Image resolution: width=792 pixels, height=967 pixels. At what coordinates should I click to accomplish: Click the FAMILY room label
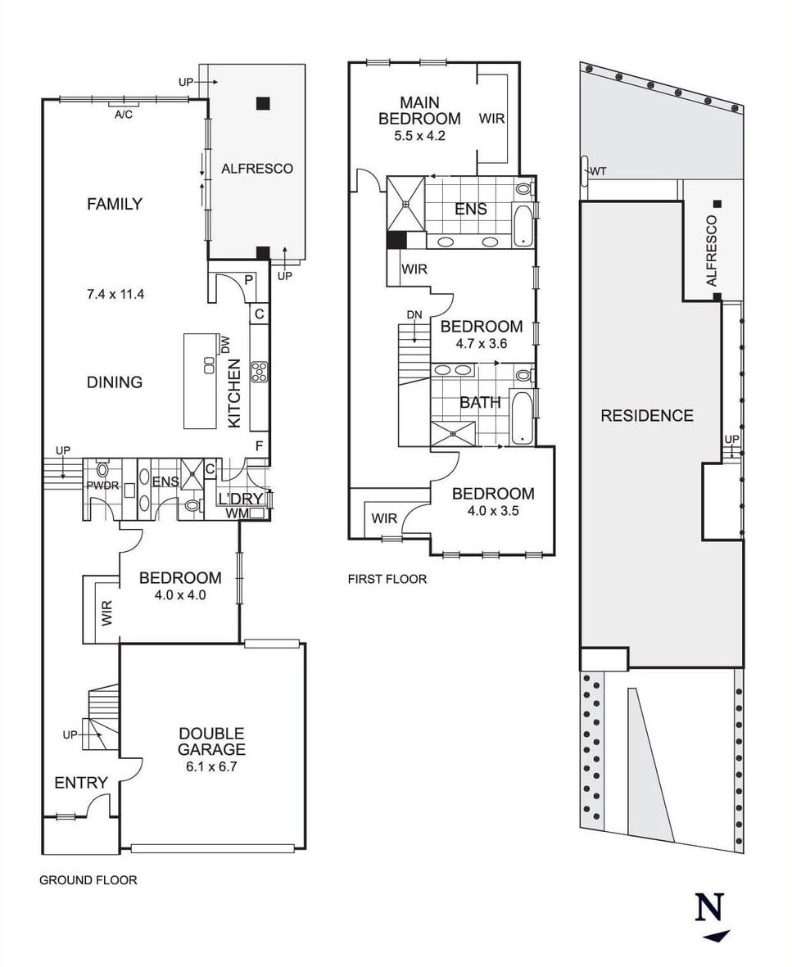pyautogui.click(x=115, y=204)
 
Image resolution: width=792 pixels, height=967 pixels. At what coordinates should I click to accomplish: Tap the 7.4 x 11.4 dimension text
pyautogui.click(x=116, y=295)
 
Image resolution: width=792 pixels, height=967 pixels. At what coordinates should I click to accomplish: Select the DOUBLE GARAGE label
pyautogui.click(x=211, y=741)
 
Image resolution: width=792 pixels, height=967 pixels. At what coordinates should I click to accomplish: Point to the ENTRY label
pyautogui.click(x=81, y=784)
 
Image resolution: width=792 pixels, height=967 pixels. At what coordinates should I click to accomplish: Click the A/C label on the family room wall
pyautogui.click(x=124, y=115)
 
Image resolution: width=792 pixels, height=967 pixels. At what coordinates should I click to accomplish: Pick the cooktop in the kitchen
pyautogui.click(x=259, y=372)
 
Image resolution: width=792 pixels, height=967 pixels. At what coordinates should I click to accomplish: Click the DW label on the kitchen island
pyautogui.click(x=224, y=346)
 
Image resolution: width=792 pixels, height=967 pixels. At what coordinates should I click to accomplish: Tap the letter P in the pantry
pyautogui.click(x=249, y=280)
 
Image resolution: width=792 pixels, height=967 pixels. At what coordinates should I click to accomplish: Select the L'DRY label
pyautogui.click(x=241, y=499)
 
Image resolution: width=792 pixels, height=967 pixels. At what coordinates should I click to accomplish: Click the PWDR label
pyautogui.click(x=102, y=486)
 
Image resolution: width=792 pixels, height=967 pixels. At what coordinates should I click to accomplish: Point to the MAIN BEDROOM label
pyautogui.click(x=419, y=111)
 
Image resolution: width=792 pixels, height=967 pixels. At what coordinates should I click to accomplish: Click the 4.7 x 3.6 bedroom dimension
pyautogui.click(x=482, y=344)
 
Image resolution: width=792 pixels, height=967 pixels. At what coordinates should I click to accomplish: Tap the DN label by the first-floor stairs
pyautogui.click(x=414, y=315)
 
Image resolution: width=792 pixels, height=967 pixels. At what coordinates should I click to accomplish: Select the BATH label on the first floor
pyautogui.click(x=481, y=403)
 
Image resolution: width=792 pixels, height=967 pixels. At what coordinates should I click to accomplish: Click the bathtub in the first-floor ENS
pyautogui.click(x=523, y=224)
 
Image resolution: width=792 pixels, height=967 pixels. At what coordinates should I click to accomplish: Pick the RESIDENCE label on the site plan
pyautogui.click(x=647, y=416)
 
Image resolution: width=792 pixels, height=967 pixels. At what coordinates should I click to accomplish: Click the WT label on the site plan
pyautogui.click(x=599, y=171)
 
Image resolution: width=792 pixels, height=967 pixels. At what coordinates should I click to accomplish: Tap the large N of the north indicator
pyautogui.click(x=709, y=906)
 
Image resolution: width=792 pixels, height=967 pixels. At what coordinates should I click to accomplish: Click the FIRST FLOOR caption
pyautogui.click(x=387, y=579)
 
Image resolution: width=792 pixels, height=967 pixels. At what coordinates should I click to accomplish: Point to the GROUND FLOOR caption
pyautogui.click(x=88, y=880)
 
